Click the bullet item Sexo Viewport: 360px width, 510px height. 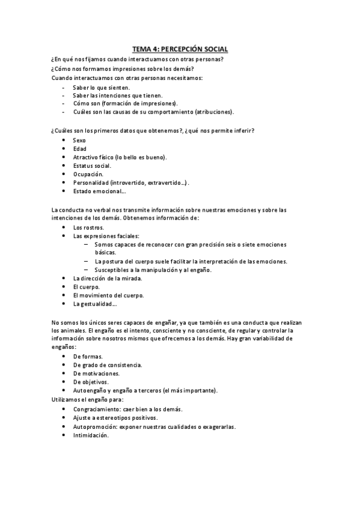click(x=79, y=140)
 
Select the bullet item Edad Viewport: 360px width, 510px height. click(x=79, y=149)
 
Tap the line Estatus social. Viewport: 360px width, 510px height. click(x=92, y=165)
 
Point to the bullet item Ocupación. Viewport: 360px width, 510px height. click(x=88, y=174)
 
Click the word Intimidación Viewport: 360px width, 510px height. click(x=90, y=435)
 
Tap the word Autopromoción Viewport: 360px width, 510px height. click(x=94, y=426)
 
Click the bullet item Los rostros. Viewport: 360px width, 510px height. click(x=88, y=227)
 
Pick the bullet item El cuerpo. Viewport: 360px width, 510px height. click(x=86, y=287)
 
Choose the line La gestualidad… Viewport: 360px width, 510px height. click(x=94, y=304)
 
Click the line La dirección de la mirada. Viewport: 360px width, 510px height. click(x=107, y=278)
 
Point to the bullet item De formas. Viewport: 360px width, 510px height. click(x=88, y=356)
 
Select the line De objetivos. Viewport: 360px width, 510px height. click(x=91, y=381)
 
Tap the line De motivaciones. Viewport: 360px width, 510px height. click(x=96, y=373)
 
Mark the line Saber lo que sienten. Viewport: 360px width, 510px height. click(x=101, y=87)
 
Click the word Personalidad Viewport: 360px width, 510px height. click(x=90, y=182)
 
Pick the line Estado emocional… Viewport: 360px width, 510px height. click(x=99, y=191)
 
